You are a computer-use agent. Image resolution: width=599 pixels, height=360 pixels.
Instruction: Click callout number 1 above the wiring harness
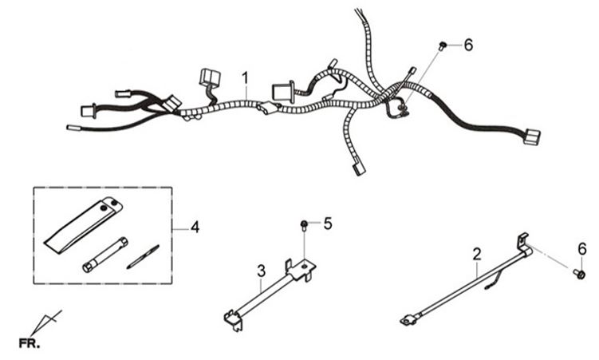[246, 78]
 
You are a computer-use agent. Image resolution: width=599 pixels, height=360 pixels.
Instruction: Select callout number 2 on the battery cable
[477, 255]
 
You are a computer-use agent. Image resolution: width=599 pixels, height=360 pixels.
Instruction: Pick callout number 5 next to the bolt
[328, 224]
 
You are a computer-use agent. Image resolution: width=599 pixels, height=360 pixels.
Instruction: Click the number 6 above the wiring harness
[468, 45]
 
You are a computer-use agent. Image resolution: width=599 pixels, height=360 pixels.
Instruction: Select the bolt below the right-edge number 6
[580, 275]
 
